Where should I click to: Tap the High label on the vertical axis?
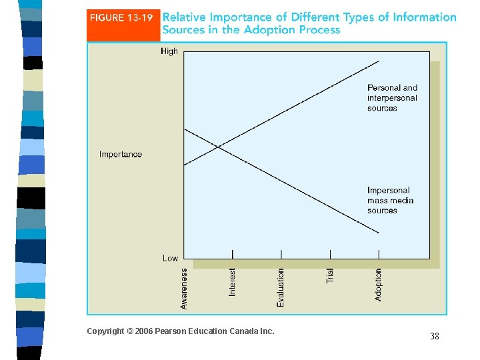coord(169,51)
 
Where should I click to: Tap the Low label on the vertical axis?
coord(170,258)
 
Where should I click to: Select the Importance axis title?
coord(121,154)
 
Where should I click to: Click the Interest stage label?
coord(233,283)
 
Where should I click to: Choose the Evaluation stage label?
coord(281,287)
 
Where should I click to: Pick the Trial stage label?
coord(330,275)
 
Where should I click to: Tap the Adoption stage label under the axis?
coord(379,285)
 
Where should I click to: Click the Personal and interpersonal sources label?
coord(392,98)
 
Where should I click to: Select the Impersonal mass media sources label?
coord(390,201)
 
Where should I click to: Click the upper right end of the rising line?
coord(379,61)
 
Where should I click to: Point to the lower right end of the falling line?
coord(379,233)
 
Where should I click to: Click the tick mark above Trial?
coord(330,254)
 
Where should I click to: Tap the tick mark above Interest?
coord(233,254)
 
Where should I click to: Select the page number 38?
coord(435,337)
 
